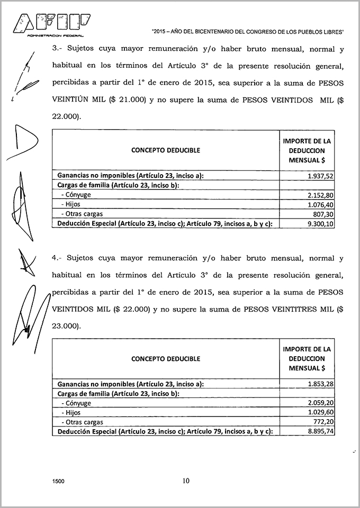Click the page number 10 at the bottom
185,481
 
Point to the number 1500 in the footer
59,482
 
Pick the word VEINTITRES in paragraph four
292,308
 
